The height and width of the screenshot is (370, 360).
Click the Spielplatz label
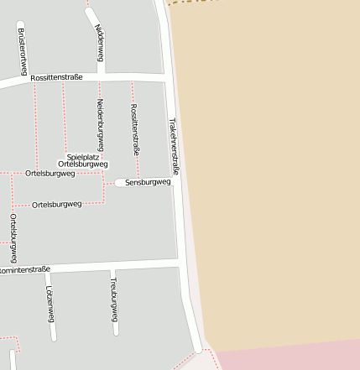pyautogui.click(x=83, y=156)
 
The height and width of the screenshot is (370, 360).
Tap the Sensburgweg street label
pyautogui.click(x=147, y=182)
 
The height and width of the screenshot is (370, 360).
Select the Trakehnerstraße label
pyautogui.click(x=175, y=145)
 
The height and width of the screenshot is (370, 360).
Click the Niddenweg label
pyautogui.click(x=100, y=43)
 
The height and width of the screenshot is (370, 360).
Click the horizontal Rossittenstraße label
pyautogui.click(x=56, y=77)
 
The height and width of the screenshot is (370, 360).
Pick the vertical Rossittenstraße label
pyautogui.click(x=134, y=128)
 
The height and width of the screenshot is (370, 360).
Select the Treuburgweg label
pyautogui.click(x=113, y=300)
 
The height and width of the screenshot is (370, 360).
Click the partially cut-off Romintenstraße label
pyautogui.click(x=24, y=270)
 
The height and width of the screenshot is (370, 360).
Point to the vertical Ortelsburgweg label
pyautogui.click(x=13, y=237)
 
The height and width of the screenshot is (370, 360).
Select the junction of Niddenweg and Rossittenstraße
pyautogui.click(x=101, y=76)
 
